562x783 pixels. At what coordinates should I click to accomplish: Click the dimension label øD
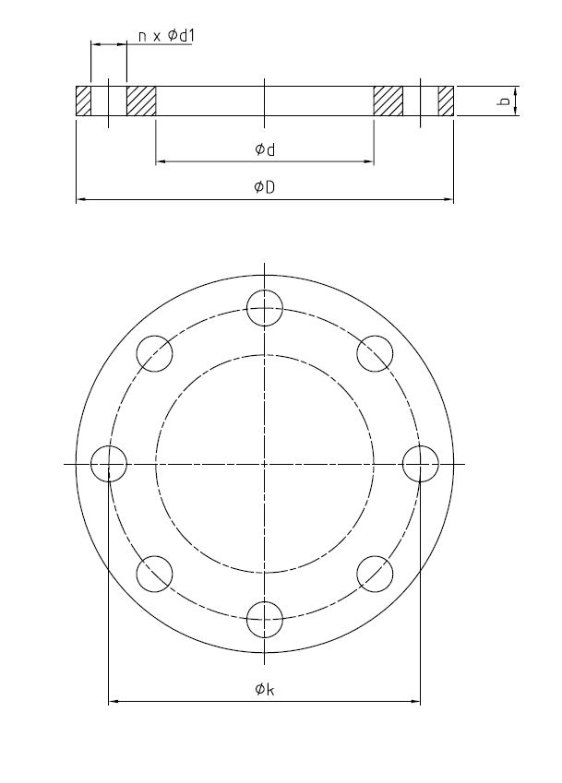(265, 187)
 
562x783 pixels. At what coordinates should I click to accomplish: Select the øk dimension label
(265, 689)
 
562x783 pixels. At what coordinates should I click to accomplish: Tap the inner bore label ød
(265, 149)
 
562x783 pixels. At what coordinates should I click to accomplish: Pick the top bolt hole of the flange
(265, 307)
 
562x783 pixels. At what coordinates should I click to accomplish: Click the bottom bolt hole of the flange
(265, 619)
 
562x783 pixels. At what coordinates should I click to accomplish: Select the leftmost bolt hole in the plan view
(109, 463)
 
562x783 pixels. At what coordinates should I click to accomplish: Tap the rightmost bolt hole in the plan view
(421, 463)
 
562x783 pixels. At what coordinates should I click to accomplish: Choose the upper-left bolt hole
(154, 353)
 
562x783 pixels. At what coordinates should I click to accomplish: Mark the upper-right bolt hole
(375, 353)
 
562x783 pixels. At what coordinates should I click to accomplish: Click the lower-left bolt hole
(154, 573)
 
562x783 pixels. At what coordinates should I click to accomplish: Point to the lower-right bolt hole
(375, 573)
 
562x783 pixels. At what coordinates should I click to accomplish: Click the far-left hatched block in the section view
(83, 101)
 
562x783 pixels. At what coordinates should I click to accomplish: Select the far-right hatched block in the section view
(446, 101)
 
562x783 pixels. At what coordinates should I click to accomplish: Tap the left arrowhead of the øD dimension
(79, 198)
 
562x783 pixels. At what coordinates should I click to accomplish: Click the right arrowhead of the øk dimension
(416, 702)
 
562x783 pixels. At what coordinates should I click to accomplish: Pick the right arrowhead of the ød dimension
(369, 161)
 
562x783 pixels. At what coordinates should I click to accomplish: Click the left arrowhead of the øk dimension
(114, 702)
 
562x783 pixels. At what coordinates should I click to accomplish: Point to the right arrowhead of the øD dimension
(450, 198)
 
